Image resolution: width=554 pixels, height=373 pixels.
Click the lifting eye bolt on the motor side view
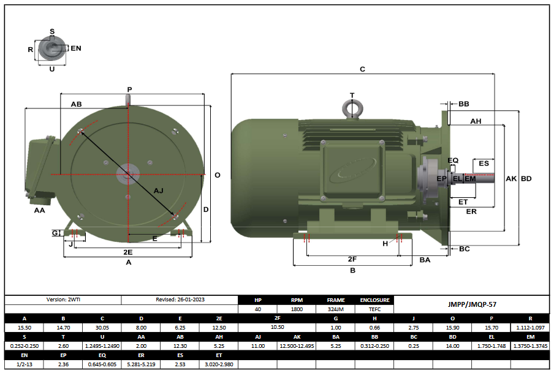pyautogui.click(x=352, y=108)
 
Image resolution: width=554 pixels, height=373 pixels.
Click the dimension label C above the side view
pyautogui.click(x=362, y=69)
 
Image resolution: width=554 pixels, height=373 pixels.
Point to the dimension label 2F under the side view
pyautogui.click(x=352, y=259)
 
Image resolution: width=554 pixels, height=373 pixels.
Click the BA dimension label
pyautogui.click(x=425, y=260)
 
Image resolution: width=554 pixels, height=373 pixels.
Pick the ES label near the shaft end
pyautogui.click(x=484, y=164)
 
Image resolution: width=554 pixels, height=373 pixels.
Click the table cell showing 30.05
pyautogui.click(x=102, y=328)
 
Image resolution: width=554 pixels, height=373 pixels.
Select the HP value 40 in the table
pyautogui.click(x=257, y=309)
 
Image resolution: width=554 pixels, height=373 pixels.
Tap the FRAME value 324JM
pyautogui.click(x=336, y=309)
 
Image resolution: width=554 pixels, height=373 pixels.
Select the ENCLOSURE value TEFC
pyautogui.click(x=374, y=309)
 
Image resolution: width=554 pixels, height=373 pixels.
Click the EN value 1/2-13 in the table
pyautogui.click(x=24, y=364)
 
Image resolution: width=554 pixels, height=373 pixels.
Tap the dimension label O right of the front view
pyautogui.click(x=217, y=175)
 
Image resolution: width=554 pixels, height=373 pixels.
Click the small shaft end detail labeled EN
pyautogui.click(x=51, y=47)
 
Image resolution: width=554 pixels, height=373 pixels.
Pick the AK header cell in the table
pyautogui.click(x=297, y=337)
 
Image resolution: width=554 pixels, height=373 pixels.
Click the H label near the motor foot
pyautogui.click(x=385, y=244)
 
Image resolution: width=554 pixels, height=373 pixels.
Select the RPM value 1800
pyautogui.click(x=297, y=309)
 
